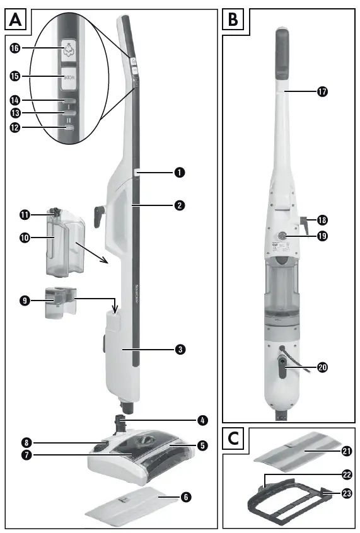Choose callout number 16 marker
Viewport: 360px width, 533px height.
point(14,49)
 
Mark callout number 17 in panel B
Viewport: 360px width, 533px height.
point(323,92)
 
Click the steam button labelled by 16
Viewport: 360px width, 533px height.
point(67,49)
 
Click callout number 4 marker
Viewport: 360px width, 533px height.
point(202,419)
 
